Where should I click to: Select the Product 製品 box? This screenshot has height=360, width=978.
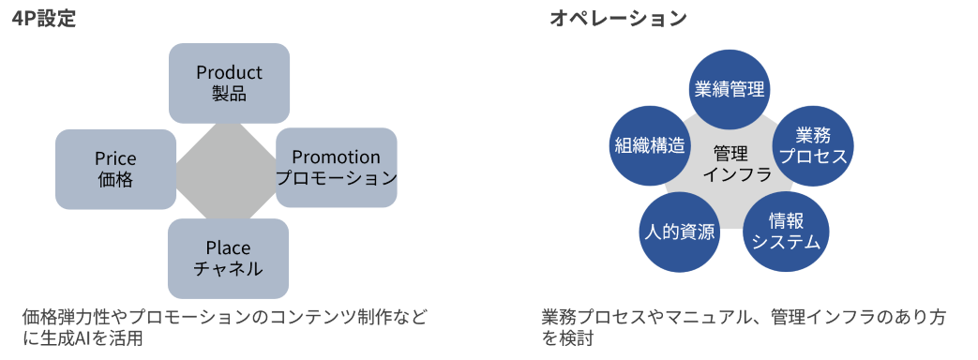pyautogui.click(x=229, y=83)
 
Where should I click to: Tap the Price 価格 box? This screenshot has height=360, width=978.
pyautogui.click(x=115, y=169)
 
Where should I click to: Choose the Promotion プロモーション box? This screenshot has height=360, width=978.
pyautogui.click(x=336, y=168)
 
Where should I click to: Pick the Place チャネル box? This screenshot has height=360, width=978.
pyautogui.click(x=228, y=258)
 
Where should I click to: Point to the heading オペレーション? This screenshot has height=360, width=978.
pyautogui.click(x=618, y=19)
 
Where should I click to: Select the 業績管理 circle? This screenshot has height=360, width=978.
pyautogui.click(x=729, y=89)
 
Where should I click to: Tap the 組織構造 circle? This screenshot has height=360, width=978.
pyautogui.click(x=649, y=146)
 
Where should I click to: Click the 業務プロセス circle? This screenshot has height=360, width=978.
pyautogui.click(x=812, y=145)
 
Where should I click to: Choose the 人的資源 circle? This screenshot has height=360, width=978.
pyautogui.click(x=679, y=232)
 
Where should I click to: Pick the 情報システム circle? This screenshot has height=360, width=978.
pyautogui.click(x=786, y=232)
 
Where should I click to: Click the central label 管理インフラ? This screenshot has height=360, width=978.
pyautogui.click(x=730, y=163)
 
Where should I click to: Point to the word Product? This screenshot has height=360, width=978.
pyautogui.click(x=229, y=72)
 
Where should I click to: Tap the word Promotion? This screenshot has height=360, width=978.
pyautogui.click(x=336, y=157)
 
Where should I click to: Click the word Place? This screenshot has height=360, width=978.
pyautogui.click(x=228, y=247)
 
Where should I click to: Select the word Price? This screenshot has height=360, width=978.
pyautogui.click(x=115, y=157)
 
